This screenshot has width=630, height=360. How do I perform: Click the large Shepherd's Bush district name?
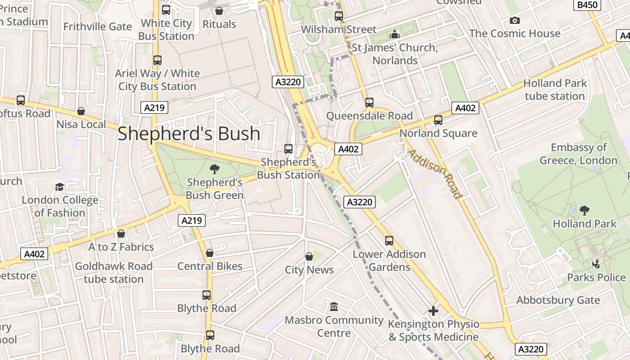189,134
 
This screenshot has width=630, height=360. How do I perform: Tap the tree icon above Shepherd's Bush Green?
215,169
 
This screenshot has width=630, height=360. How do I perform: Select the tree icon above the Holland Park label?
585,210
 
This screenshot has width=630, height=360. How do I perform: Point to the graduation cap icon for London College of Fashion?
59,187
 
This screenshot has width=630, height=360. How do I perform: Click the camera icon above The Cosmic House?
514,20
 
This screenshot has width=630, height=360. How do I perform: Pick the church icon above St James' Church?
395,34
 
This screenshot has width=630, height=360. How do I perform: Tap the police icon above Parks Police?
596,264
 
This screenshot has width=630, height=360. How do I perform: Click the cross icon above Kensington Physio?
433,310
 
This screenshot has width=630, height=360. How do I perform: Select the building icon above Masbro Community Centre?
334,307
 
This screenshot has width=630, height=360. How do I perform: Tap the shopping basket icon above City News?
309,256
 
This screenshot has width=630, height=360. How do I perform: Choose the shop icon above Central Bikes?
210,253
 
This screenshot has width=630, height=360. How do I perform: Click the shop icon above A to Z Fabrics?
121,234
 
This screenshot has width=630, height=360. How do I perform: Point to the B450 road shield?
587,5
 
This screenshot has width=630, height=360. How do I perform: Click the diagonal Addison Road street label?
435,174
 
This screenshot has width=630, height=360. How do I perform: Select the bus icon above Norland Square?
438,120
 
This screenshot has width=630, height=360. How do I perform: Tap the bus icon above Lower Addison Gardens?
389,241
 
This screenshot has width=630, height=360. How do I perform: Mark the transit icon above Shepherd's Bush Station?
288,148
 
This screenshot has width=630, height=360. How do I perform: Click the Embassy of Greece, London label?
578,154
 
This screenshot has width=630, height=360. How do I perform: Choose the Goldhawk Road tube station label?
114,273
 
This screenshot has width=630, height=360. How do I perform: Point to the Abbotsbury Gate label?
558,300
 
